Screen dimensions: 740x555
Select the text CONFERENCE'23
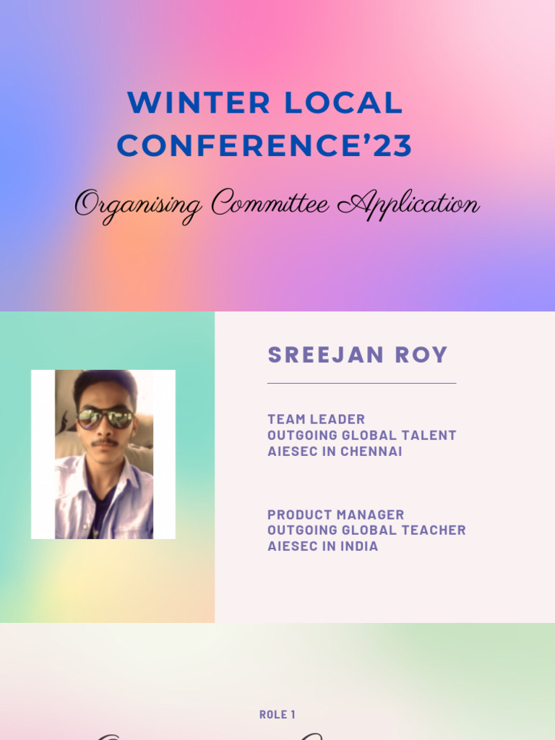pos(264,146)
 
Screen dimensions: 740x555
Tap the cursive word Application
pos(408,205)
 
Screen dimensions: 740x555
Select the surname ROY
pos(421,355)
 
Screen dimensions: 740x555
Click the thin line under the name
pos(361,383)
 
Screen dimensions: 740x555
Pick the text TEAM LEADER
pos(316,419)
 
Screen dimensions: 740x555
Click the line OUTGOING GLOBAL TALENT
pos(361,435)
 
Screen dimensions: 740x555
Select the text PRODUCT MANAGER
pos(335,515)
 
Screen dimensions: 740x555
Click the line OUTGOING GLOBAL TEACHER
pos(366,530)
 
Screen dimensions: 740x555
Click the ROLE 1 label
pos(277,715)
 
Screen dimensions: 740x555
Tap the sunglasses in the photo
pos(105,418)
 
